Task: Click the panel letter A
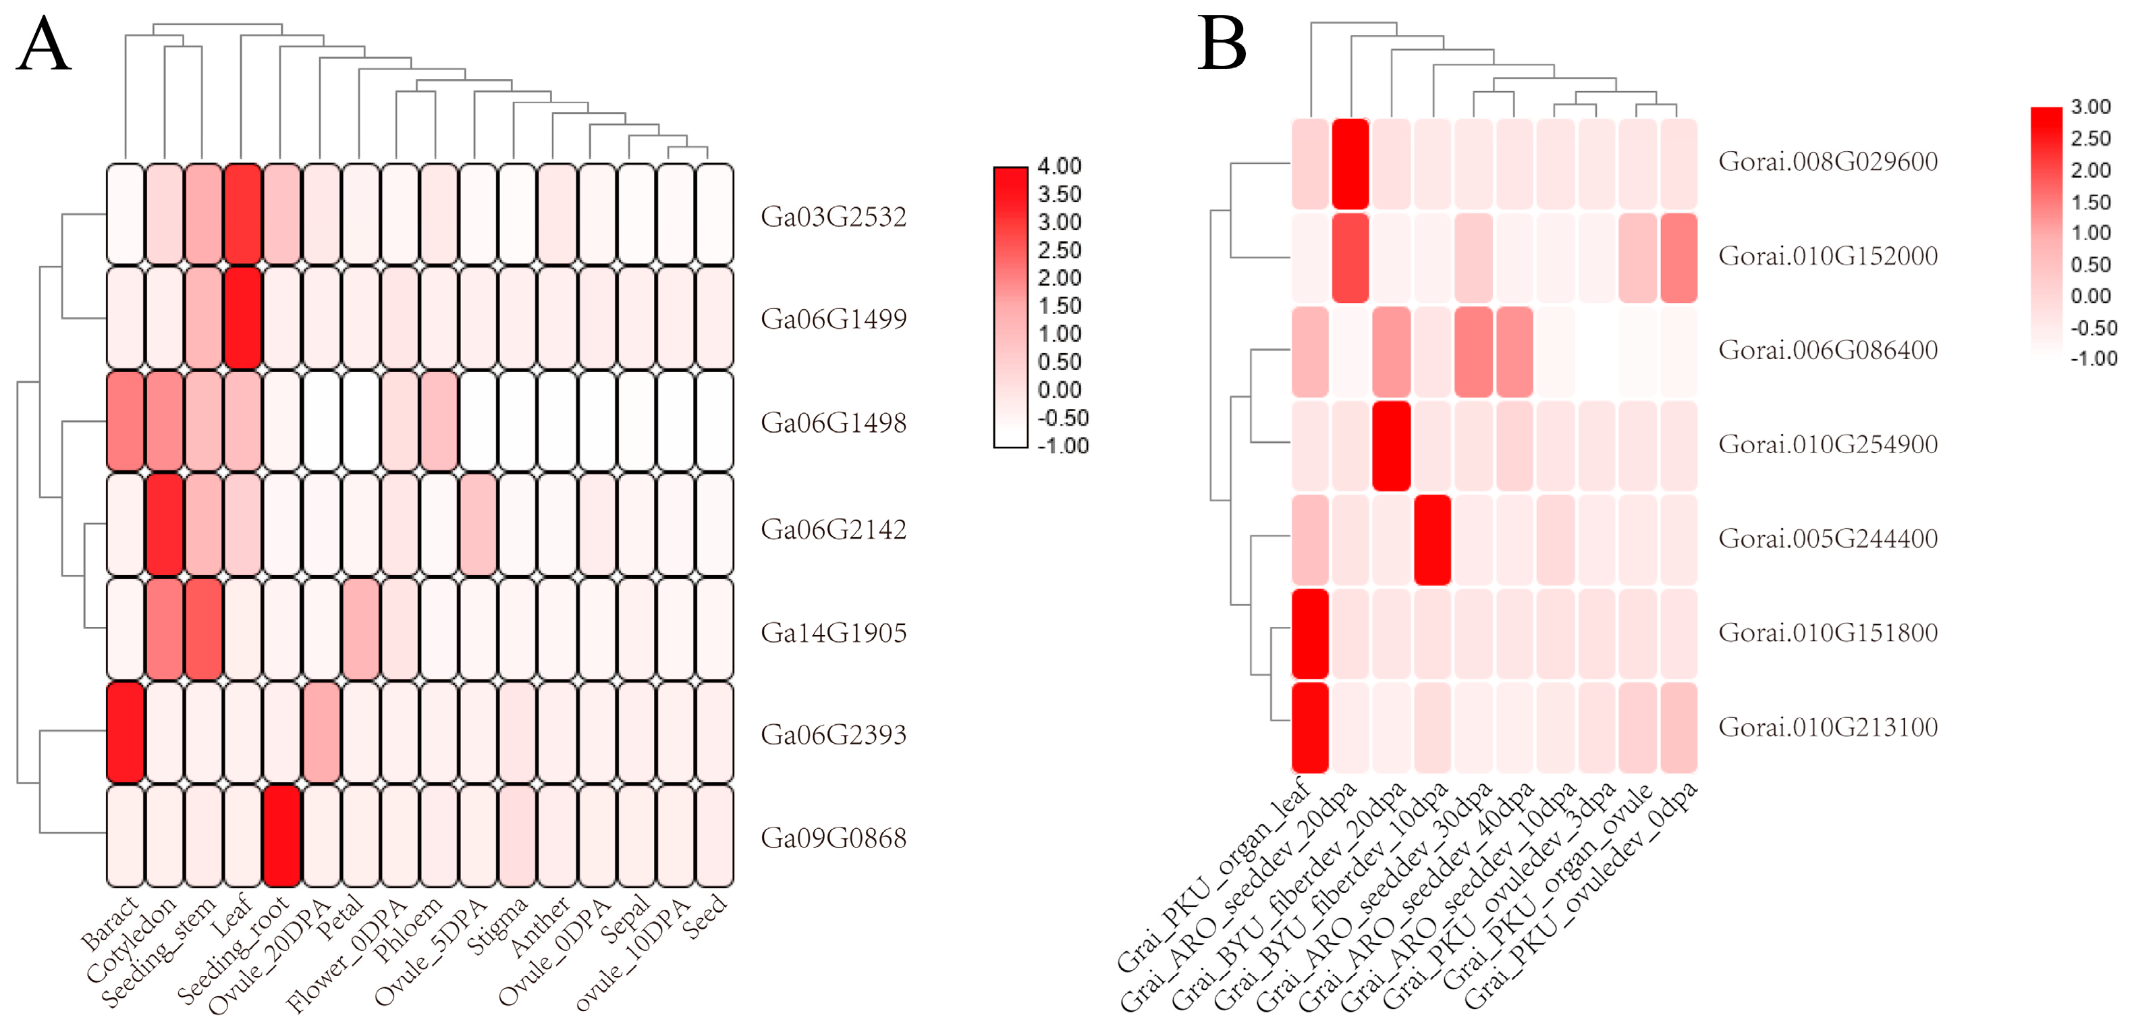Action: [43, 45]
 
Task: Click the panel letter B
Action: [1222, 45]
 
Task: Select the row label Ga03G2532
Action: [833, 217]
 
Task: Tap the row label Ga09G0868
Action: [833, 838]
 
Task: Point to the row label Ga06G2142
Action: [833, 529]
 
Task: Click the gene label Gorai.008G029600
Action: [1828, 161]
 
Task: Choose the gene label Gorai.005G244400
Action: [1828, 539]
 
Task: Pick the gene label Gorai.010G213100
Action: [1828, 728]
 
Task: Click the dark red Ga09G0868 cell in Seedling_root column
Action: [282, 836]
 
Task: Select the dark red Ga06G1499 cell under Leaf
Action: [244, 318]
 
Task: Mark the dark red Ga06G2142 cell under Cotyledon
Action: [165, 525]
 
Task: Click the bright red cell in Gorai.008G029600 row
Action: [1350, 163]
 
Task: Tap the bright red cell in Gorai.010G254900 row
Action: [1391, 445]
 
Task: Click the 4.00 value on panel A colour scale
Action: [1060, 167]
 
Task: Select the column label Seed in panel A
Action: [706, 916]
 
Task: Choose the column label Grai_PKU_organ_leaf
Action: [1213, 877]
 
